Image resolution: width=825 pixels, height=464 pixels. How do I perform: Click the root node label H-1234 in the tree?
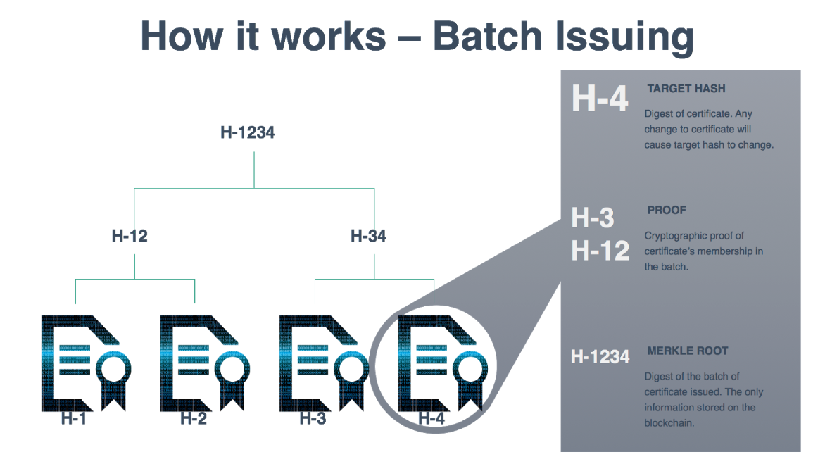click(x=247, y=132)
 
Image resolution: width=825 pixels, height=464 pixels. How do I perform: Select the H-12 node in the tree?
click(x=130, y=236)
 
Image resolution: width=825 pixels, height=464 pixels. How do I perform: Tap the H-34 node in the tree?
click(x=368, y=236)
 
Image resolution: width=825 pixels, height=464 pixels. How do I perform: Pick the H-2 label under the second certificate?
click(x=193, y=418)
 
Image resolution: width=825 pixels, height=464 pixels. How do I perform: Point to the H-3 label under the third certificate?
click(x=313, y=418)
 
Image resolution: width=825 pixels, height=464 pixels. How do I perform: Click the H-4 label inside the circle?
click(x=432, y=418)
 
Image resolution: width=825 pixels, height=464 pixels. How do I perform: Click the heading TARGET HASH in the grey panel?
click(x=686, y=89)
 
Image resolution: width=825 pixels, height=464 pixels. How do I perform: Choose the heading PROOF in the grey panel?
click(x=666, y=210)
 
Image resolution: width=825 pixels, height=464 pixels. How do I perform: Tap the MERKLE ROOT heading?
click(x=687, y=351)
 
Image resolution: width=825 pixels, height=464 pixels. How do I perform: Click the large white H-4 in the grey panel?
click(x=599, y=99)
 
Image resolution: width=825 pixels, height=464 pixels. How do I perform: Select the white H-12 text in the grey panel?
click(x=600, y=250)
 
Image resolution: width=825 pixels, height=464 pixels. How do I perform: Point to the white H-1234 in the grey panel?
click(x=600, y=357)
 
